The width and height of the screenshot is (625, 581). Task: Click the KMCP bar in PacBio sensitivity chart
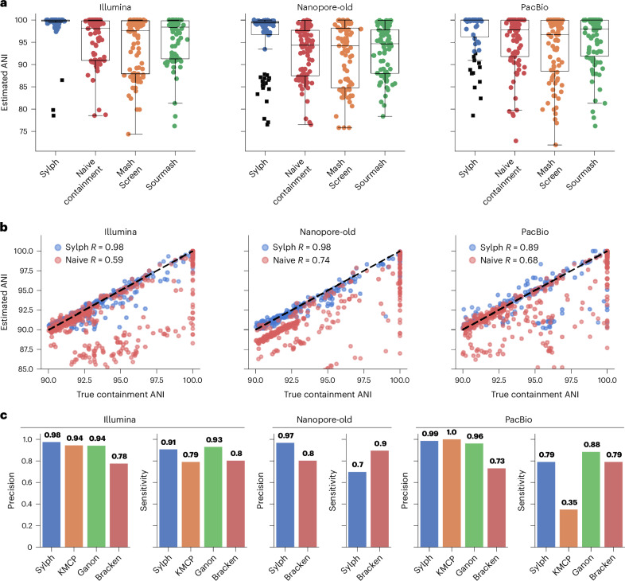tap(569, 528)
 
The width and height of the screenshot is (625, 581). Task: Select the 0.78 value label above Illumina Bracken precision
tap(119, 456)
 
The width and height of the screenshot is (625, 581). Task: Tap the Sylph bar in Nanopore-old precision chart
tap(285, 495)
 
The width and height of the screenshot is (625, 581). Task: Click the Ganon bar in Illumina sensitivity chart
tap(213, 497)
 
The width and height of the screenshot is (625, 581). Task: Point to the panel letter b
tap(4, 228)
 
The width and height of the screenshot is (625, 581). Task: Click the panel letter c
tap(4, 415)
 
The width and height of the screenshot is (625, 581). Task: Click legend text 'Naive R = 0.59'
tap(94, 259)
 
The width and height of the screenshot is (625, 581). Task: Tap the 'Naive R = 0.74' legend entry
tap(301, 260)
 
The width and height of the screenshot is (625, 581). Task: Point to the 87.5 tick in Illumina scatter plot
tap(25, 349)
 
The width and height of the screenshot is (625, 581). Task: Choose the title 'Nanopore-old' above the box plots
tap(325, 7)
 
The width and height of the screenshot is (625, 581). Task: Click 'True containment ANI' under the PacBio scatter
tap(535, 395)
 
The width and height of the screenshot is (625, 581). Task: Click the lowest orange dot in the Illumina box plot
tap(128, 134)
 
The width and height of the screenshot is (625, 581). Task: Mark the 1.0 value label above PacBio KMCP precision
tap(452, 432)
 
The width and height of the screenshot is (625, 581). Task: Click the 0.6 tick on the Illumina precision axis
tap(27, 483)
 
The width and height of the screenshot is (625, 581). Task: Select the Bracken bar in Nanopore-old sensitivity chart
tap(379, 499)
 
